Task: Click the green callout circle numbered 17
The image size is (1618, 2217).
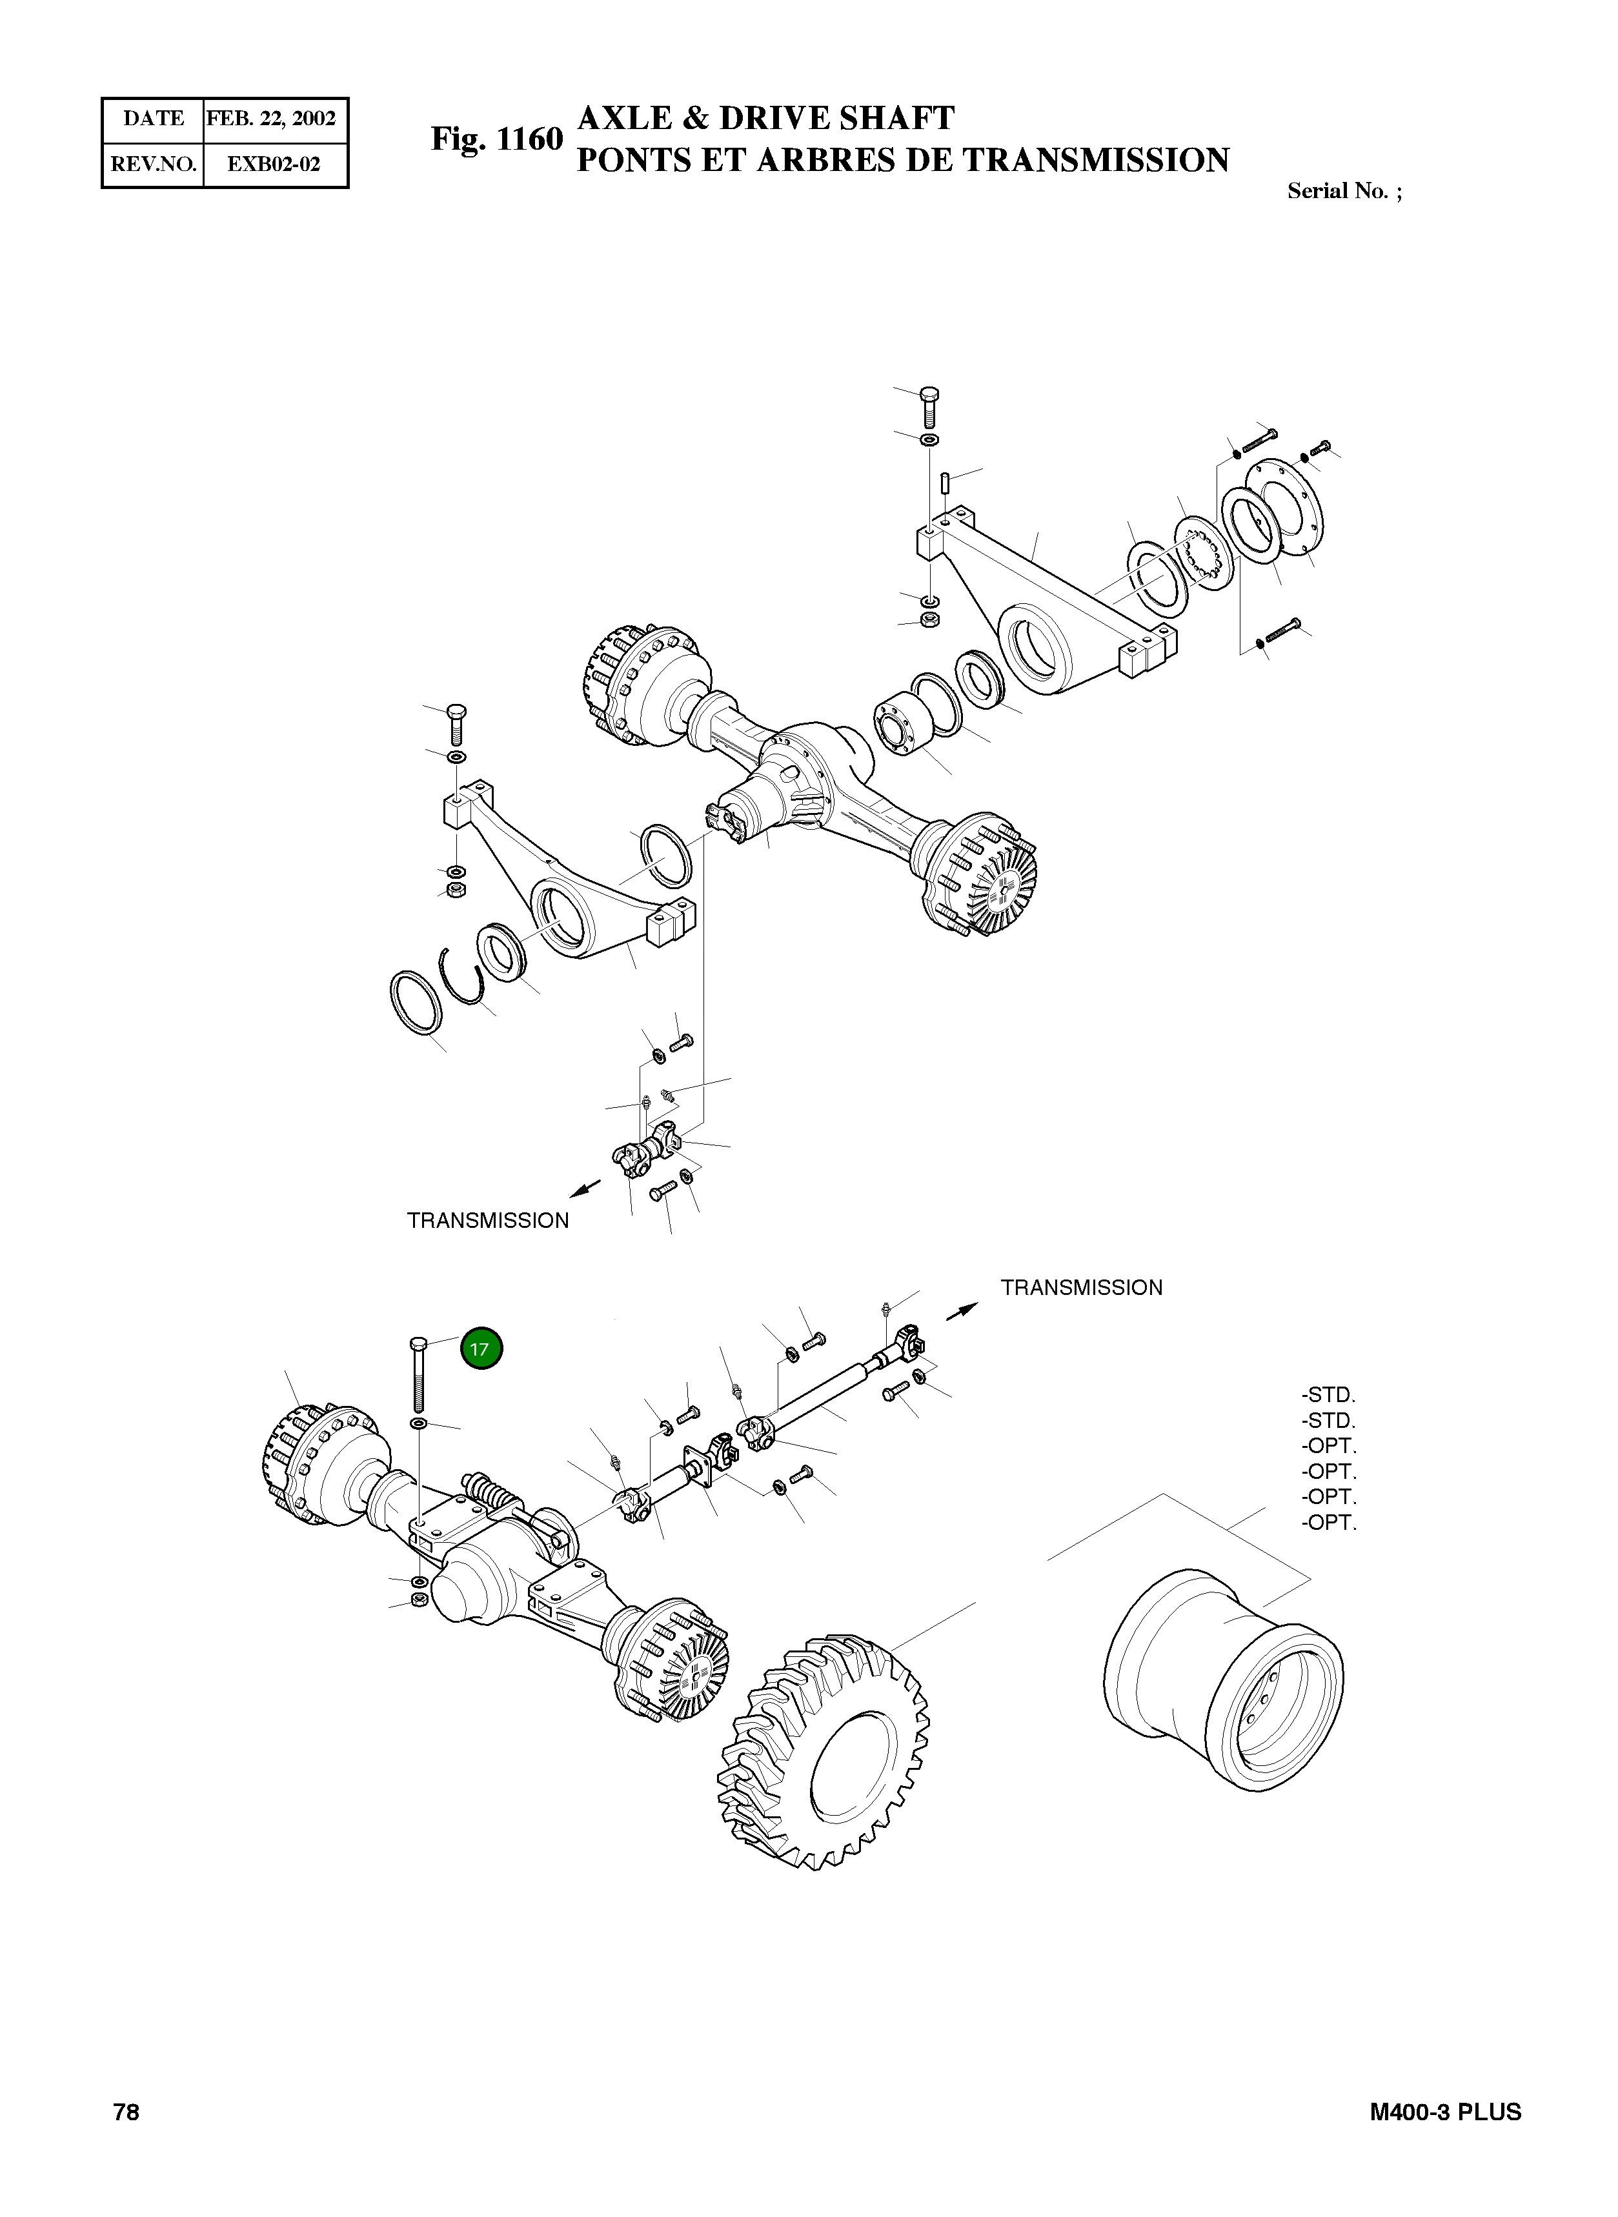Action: click(x=480, y=1349)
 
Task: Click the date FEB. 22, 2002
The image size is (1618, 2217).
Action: click(x=271, y=119)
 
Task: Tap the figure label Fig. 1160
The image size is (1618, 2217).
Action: click(x=496, y=140)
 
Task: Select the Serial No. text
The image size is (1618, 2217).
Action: click(x=1343, y=191)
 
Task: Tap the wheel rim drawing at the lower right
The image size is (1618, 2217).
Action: click(x=1224, y=1680)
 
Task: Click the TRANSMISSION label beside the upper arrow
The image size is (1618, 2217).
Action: click(x=1081, y=1288)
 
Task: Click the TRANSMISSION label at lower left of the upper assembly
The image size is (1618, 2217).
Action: click(x=488, y=1220)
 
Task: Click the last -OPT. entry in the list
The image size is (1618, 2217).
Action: click(x=1329, y=1523)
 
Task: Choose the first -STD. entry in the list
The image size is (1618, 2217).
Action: click(x=1329, y=1394)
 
